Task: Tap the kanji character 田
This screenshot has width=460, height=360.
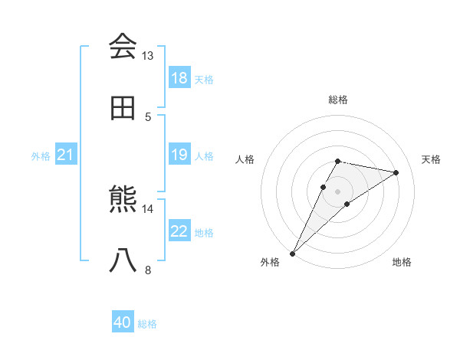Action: tap(123, 108)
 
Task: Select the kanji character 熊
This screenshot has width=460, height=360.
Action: tap(123, 200)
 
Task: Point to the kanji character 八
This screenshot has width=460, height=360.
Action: tap(123, 261)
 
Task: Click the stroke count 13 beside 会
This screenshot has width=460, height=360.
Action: tap(148, 56)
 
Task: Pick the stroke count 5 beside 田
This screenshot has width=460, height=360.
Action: tap(148, 116)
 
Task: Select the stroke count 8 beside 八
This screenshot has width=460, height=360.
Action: tap(148, 270)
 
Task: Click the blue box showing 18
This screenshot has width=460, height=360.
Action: tap(179, 78)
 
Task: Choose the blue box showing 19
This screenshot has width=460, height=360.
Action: tap(179, 155)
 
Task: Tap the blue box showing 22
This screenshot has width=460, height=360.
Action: tap(179, 231)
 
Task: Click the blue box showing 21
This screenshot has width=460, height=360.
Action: tap(65, 155)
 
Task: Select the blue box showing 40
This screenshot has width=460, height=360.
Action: tap(123, 322)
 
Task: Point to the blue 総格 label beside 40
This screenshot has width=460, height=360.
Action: tap(147, 324)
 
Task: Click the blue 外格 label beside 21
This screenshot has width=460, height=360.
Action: tap(41, 156)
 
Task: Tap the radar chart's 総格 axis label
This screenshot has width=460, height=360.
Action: tap(337, 100)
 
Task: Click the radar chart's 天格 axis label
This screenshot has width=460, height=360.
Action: tap(431, 159)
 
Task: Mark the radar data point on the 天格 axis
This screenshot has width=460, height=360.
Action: tap(396, 172)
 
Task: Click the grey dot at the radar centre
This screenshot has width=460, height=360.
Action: tap(337, 191)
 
